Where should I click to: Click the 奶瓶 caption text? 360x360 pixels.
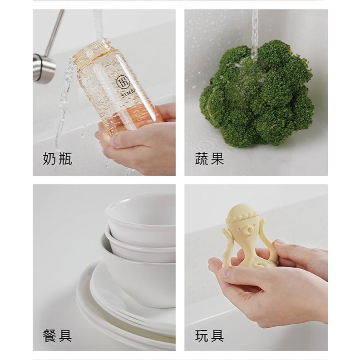[x=57, y=159]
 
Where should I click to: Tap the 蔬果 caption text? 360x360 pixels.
[x=209, y=159]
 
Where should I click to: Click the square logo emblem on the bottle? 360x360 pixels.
[x=123, y=82]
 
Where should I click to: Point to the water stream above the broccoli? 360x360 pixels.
[x=255, y=32]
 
